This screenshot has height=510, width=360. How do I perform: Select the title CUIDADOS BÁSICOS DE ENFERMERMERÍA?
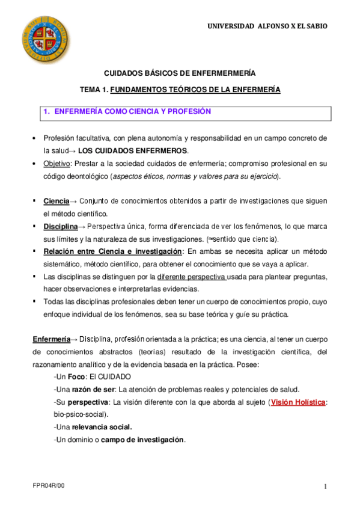click(180, 73)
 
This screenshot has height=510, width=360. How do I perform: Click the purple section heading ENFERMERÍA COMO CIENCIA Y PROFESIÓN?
click(133, 111)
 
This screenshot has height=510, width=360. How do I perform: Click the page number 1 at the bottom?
click(325, 486)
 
